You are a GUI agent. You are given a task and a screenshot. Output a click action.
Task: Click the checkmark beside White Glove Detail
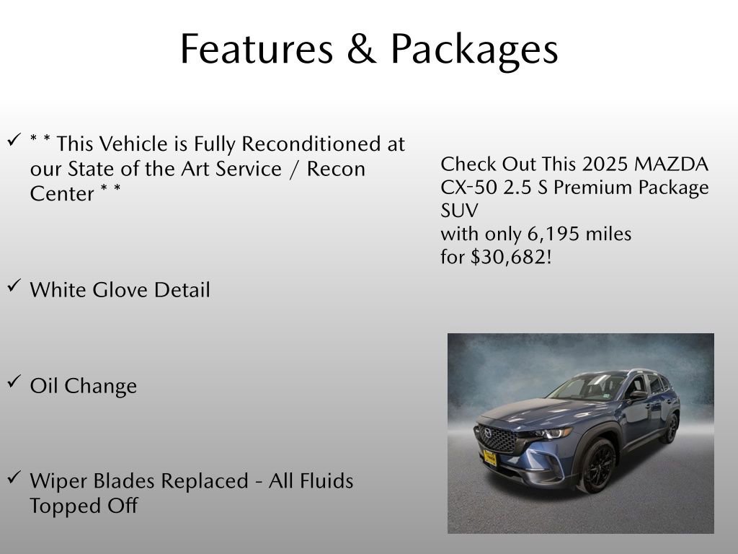tap(14, 287)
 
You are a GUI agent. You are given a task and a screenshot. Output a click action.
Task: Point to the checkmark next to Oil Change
tap(14, 383)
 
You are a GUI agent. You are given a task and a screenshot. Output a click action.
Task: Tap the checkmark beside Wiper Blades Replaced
tap(14, 478)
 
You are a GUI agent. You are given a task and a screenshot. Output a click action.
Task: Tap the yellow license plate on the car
tap(490, 457)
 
